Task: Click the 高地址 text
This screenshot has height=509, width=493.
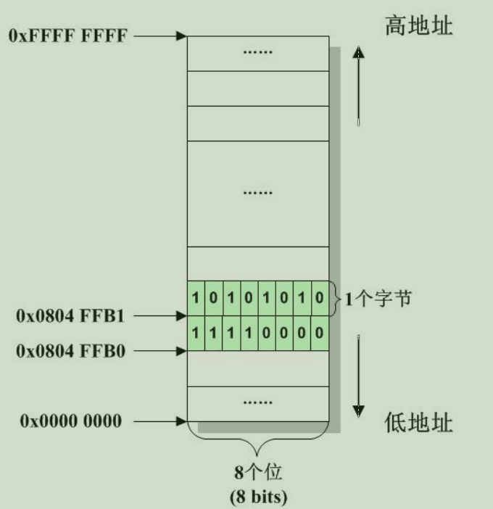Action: pyautogui.click(x=418, y=28)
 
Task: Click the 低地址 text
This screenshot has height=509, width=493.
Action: pyautogui.click(x=418, y=423)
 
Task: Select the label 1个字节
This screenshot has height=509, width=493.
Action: pyautogui.click(x=378, y=298)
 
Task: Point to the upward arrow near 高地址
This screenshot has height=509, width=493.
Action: pyautogui.click(x=358, y=87)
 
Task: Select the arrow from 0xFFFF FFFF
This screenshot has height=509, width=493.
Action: pyautogui.click(x=161, y=36)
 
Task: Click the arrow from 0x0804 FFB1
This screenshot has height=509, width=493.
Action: pyautogui.click(x=161, y=316)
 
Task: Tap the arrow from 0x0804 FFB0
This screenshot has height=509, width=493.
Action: pyautogui.click(x=161, y=351)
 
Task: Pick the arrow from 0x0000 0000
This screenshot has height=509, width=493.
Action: pyautogui.click(x=161, y=421)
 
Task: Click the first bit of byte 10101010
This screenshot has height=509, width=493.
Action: pyautogui.click(x=196, y=299)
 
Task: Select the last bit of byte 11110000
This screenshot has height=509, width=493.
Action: pyautogui.click(x=320, y=334)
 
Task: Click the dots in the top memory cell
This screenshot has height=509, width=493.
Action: pyautogui.click(x=257, y=54)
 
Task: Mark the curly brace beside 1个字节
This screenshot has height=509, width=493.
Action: pyautogui.click(x=334, y=298)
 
